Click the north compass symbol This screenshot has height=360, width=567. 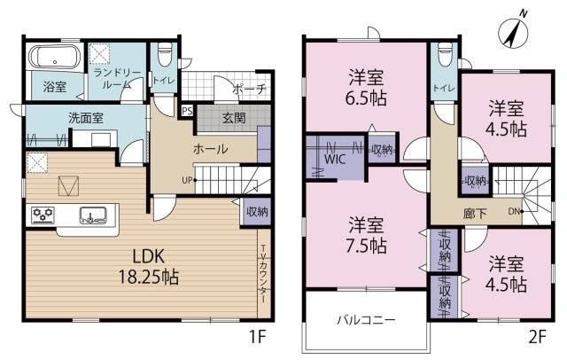514,33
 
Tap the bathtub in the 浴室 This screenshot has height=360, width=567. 54,57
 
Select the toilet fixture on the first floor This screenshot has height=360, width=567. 166,54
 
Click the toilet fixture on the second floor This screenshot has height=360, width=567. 445,54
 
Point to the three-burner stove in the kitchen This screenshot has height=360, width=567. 43,215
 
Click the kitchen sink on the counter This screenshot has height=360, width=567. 93,215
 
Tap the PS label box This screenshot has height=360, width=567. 187,111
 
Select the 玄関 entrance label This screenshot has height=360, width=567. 234,118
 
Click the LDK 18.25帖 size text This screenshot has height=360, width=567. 149,267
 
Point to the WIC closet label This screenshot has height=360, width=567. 335,160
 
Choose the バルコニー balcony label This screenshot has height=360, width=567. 366,320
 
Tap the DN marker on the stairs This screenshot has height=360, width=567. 516,211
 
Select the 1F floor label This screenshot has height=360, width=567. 258,337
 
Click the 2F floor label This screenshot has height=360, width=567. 537,337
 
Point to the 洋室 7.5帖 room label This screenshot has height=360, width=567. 366,235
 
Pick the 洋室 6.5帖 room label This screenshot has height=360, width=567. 366,87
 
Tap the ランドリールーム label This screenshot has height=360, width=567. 117,79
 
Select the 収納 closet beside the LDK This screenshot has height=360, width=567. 257,212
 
